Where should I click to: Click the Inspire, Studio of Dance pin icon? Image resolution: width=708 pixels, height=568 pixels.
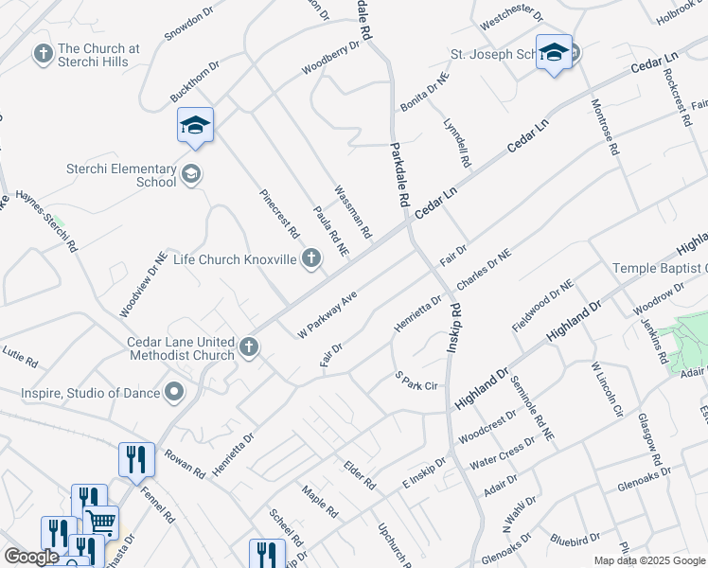pyautogui.click(x=174, y=391)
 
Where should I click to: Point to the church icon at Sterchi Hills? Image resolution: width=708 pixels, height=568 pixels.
pyautogui.click(x=43, y=54)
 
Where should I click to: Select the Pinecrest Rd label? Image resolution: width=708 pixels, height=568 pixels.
pyautogui.click(x=280, y=213)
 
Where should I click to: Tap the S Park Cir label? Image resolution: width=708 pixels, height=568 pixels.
pyautogui.click(x=416, y=382)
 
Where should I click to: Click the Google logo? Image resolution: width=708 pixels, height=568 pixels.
pyautogui.click(x=31, y=557)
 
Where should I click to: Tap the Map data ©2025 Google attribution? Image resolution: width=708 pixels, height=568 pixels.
pyautogui.click(x=648, y=560)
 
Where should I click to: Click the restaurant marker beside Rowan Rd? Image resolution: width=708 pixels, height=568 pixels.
pyautogui.click(x=136, y=459)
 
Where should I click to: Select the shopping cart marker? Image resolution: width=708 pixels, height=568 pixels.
pyautogui.click(x=100, y=522)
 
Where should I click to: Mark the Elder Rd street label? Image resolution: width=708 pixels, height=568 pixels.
pyautogui.click(x=360, y=475)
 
